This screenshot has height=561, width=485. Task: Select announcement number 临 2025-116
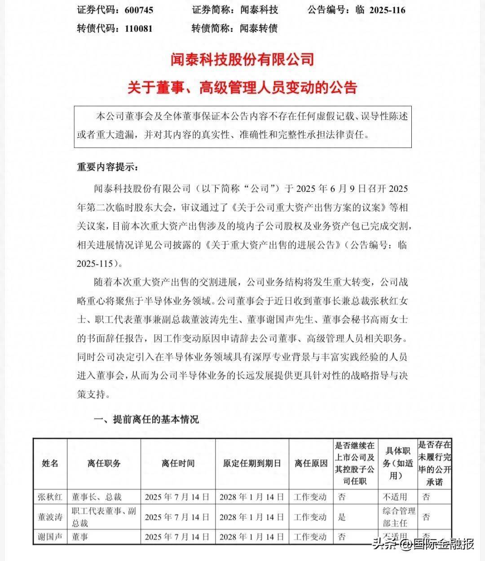(x=380, y=10)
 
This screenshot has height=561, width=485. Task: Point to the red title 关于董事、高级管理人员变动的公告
(x=242, y=87)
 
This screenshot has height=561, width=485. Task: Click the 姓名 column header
(x=50, y=464)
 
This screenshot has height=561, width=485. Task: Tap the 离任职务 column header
(x=104, y=464)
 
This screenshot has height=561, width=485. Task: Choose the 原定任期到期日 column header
(x=252, y=464)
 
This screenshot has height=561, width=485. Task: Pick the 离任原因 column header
(x=311, y=464)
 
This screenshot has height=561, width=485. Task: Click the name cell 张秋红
(x=50, y=497)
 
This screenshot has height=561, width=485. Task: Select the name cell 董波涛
(x=50, y=517)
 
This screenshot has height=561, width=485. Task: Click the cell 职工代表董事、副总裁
(x=104, y=517)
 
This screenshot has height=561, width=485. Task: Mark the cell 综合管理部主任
(x=399, y=517)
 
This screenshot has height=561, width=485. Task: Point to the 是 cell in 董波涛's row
(x=342, y=517)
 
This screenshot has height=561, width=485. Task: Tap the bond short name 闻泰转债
(x=259, y=29)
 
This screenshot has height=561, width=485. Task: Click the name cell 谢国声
(x=50, y=537)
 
